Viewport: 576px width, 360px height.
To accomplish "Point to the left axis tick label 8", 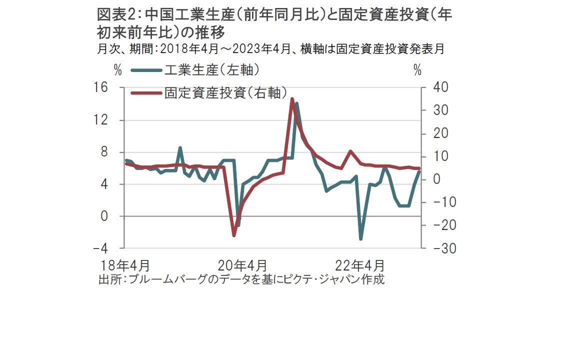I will click(104, 152).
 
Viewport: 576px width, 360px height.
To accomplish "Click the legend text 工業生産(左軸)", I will click(212, 70).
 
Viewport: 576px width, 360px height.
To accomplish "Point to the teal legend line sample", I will click(147, 70).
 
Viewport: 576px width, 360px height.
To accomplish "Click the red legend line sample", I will click(147, 93).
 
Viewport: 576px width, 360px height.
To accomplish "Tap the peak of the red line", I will click(292, 99).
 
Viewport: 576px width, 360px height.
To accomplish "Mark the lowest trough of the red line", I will click(233, 235).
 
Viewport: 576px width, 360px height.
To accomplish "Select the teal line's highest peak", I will click(297, 103).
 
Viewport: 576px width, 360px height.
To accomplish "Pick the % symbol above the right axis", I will click(417, 70).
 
